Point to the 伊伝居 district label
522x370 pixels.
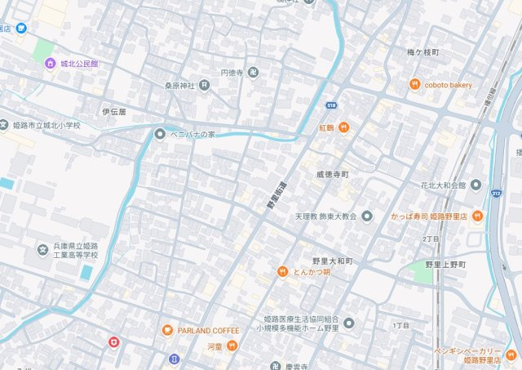(x=113, y=111)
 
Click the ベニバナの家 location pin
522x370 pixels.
(x=160, y=133)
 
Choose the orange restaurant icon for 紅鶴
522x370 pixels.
(x=344, y=127)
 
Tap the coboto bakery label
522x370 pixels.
(x=448, y=84)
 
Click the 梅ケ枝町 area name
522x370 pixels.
(x=423, y=52)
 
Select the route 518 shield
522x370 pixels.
(x=331, y=105)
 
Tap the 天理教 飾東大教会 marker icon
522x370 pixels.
(x=367, y=216)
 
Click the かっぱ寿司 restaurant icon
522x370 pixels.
(x=477, y=216)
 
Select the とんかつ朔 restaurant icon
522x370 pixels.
(x=282, y=271)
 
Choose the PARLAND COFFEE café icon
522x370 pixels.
(x=167, y=330)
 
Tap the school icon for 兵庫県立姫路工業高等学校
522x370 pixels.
(x=42, y=248)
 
